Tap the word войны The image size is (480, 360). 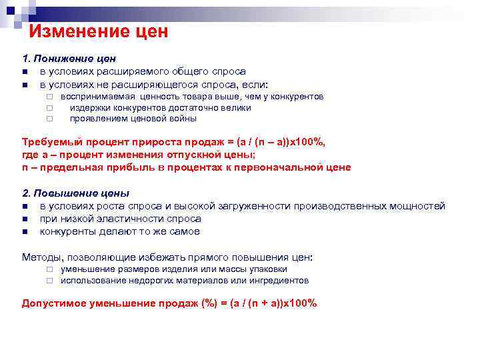tap(182, 119)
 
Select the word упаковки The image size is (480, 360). tap(268, 269)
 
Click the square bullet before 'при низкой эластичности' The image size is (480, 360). tap(25, 219)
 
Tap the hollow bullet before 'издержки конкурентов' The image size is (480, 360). tap(49, 108)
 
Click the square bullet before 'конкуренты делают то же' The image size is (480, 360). tap(25, 232)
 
